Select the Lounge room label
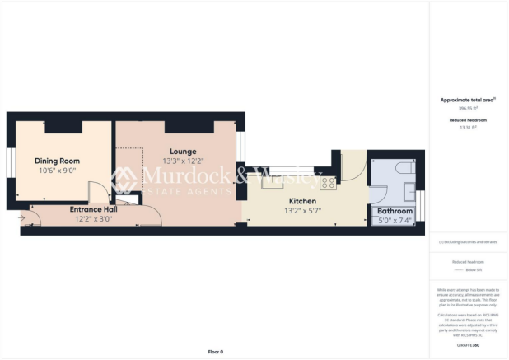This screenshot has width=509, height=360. click(x=182, y=152)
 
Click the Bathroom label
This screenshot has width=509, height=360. click(x=395, y=211)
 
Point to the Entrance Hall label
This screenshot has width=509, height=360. click(x=93, y=209)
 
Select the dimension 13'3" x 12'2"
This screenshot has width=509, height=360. click(x=182, y=161)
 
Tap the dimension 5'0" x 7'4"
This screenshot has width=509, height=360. click(x=395, y=220)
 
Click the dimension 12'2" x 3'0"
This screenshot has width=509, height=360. click(x=93, y=218)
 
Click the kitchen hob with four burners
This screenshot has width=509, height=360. click(x=327, y=183)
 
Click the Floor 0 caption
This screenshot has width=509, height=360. click(x=215, y=351)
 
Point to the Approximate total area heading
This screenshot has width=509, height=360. click(x=468, y=100)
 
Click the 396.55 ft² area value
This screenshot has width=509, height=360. click(x=468, y=108)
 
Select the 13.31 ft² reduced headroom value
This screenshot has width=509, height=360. click(x=468, y=128)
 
